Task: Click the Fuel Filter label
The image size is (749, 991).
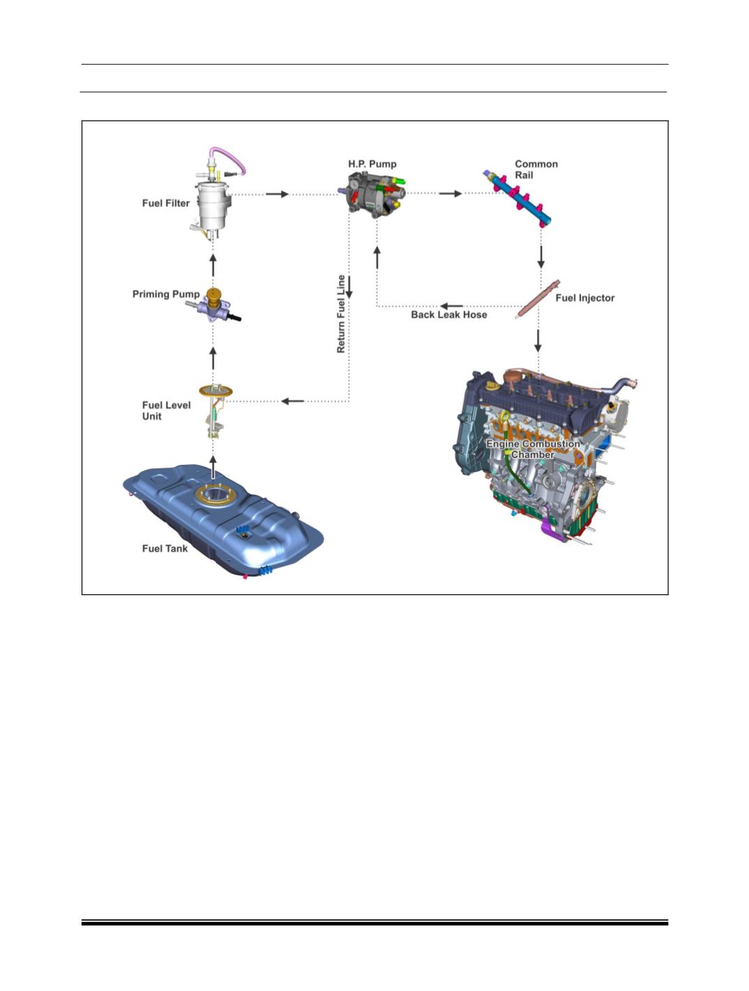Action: point(166,203)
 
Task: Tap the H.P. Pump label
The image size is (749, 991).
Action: point(372,164)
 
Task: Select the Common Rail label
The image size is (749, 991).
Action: point(536,169)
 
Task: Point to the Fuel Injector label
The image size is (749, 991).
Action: point(585,298)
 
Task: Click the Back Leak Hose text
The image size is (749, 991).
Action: point(449,315)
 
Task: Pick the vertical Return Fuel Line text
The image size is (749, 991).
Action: point(341,314)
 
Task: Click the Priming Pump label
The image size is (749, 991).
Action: point(166,294)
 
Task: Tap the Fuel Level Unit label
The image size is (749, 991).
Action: point(166,411)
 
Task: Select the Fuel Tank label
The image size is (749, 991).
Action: point(164,548)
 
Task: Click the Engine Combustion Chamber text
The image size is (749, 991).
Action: point(533,450)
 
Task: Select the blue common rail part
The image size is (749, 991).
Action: point(519,198)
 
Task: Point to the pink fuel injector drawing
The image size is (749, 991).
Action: point(539,299)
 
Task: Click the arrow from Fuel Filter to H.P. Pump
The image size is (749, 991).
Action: point(277,194)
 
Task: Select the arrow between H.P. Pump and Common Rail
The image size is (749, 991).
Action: point(450,194)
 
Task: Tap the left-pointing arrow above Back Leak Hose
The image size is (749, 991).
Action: point(451,306)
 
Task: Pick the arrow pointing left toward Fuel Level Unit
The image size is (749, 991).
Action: point(293,401)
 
